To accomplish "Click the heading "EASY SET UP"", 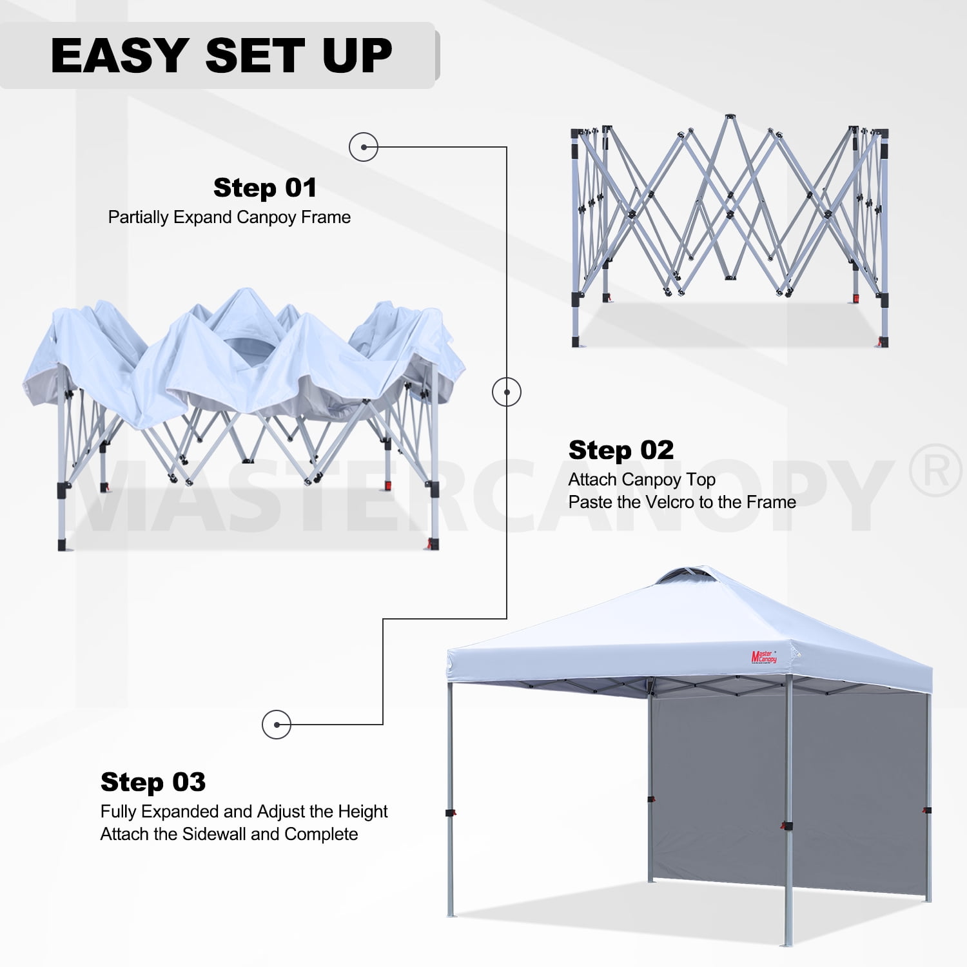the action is click(221, 55).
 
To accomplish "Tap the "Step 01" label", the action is click(265, 188).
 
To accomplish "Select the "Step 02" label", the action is click(621, 450).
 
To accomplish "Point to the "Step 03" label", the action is click(153, 782).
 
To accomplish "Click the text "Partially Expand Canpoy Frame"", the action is click(230, 217).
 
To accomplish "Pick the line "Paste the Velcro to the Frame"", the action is click(682, 502).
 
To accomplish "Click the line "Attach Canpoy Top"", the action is click(641, 480).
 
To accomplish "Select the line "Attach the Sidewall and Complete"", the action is click(229, 834).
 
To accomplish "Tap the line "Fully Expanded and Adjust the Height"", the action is click(244, 812).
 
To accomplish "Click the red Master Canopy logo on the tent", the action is click(764, 658).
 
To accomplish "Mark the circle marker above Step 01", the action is click(364, 147).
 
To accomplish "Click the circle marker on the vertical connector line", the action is click(507, 392).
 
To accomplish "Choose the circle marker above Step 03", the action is click(277, 725).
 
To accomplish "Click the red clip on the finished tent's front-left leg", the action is click(451, 813).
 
